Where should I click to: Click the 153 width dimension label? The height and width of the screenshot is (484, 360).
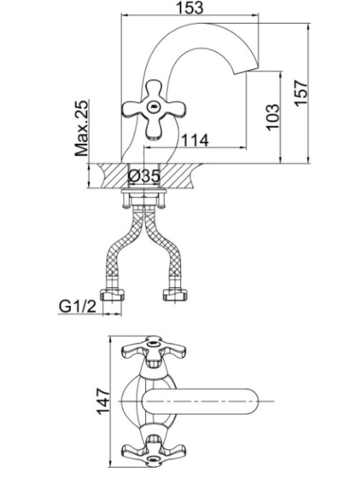click(x=190, y=7)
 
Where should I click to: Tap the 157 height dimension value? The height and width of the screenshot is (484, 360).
click(x=300, y=94)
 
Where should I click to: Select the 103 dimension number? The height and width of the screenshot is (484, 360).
click(x=272, y=118)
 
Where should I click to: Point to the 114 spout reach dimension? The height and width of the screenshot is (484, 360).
click(x=195, y=140)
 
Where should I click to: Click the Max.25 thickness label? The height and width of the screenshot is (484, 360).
click(x=81, y=128)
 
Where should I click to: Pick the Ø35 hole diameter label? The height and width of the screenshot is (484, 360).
click(x=144, y=176)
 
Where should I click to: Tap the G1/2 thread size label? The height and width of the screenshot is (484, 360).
click(x=78, y=306)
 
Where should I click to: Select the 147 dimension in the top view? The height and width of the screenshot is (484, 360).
click(x=103, y=401)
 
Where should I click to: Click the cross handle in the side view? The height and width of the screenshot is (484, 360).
click(x=154, y=109)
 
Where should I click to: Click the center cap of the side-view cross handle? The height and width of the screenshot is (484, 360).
click(x=154, y=107)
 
